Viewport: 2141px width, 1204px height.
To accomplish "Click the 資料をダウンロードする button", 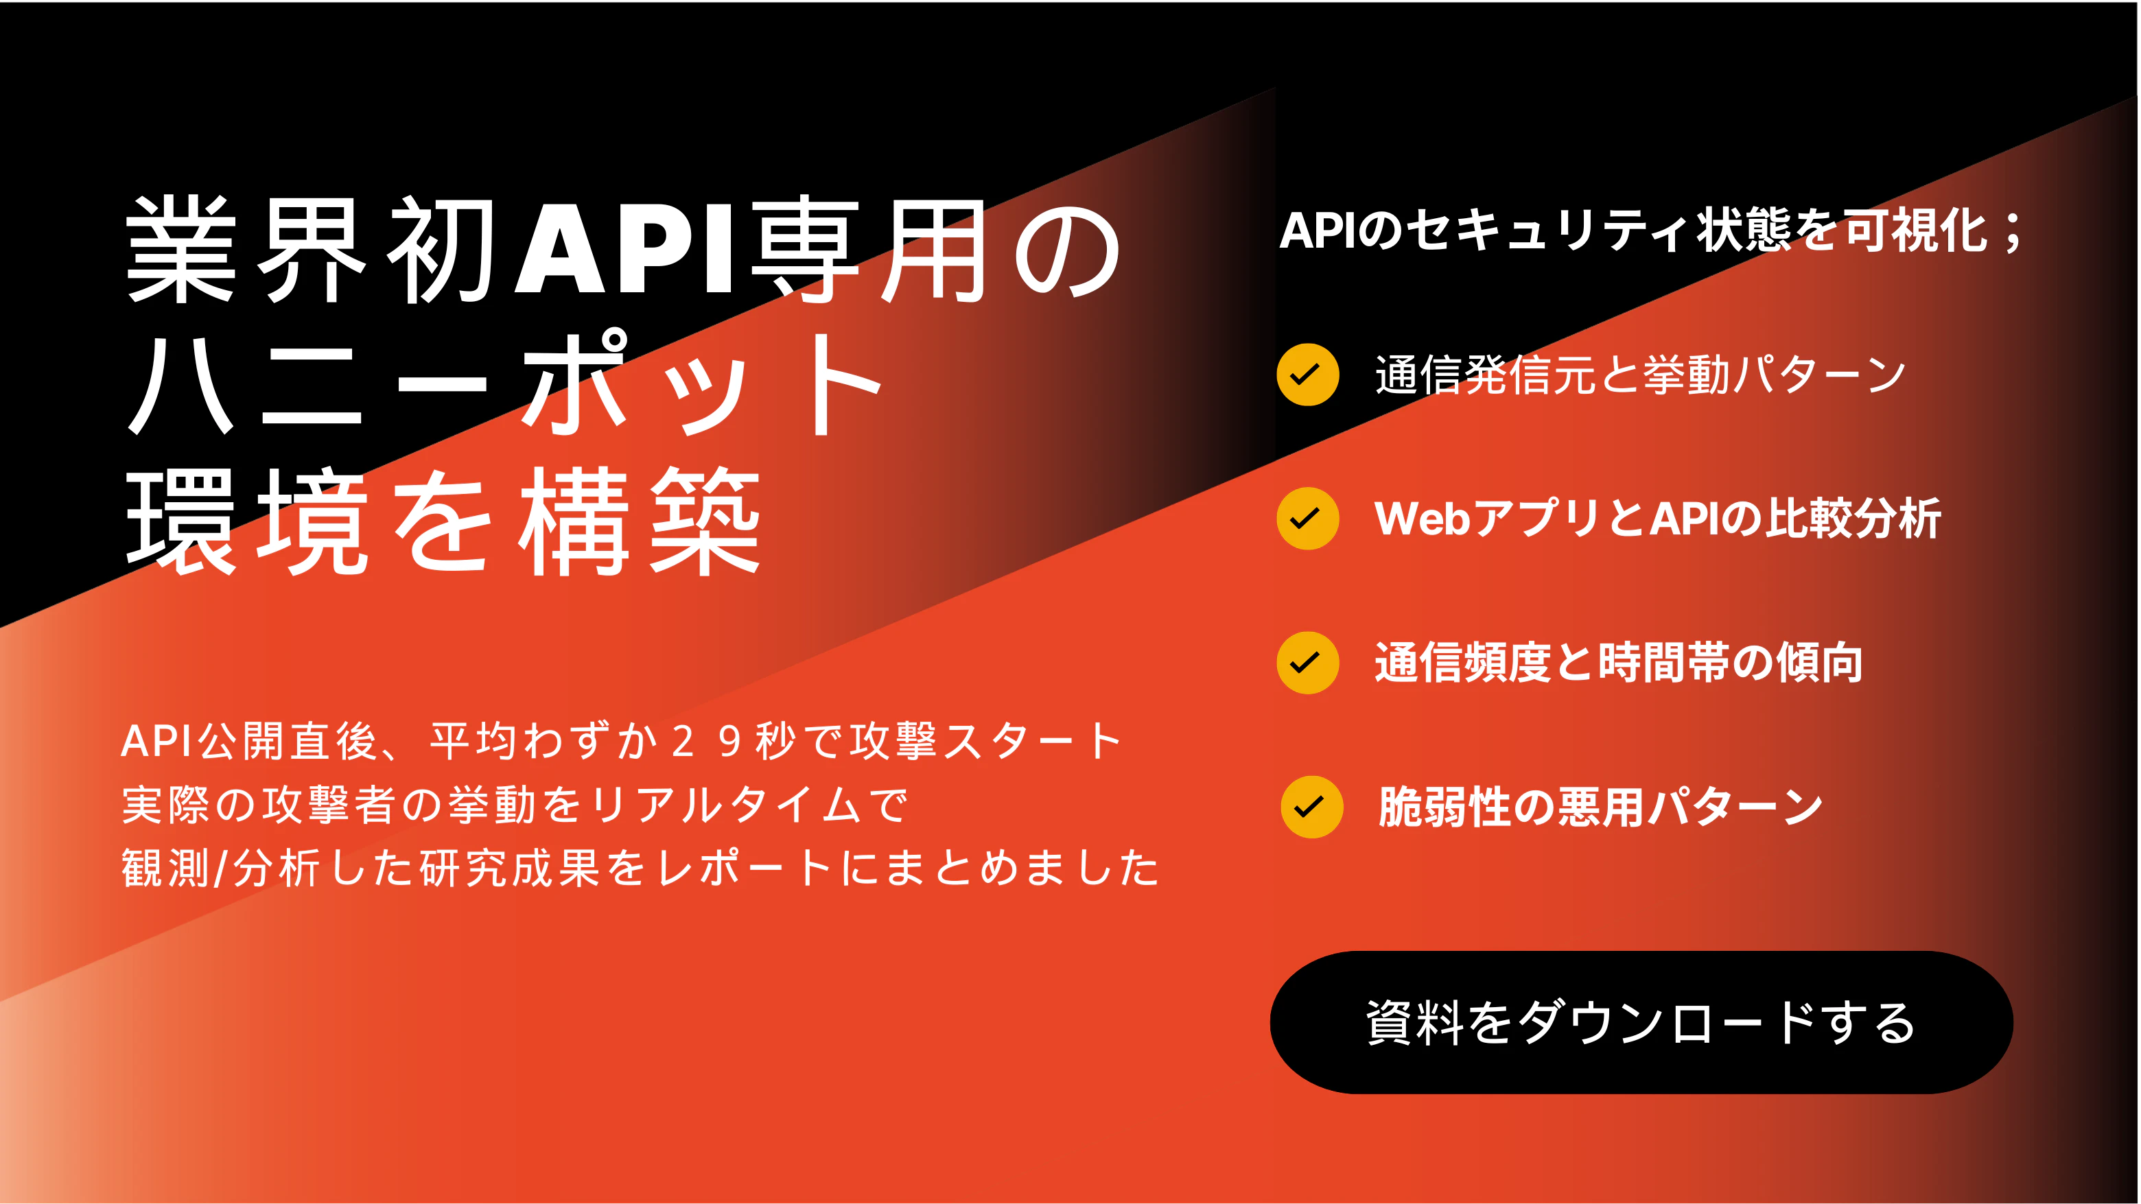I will [1641, 1022].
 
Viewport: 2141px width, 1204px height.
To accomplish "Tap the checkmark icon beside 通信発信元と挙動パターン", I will [1307, 375].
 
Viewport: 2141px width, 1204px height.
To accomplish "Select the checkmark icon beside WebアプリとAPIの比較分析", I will [1307, 519].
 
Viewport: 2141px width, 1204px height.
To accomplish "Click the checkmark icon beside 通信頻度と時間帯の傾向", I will [1307, 663].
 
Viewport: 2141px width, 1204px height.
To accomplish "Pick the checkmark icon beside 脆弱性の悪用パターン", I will [1311, 807].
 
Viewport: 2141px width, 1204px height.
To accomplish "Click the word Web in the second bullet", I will [1422, 519].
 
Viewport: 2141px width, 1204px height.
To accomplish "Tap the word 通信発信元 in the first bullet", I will [1484, 375].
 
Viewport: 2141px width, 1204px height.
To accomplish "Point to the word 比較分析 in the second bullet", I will [1853, 519].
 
